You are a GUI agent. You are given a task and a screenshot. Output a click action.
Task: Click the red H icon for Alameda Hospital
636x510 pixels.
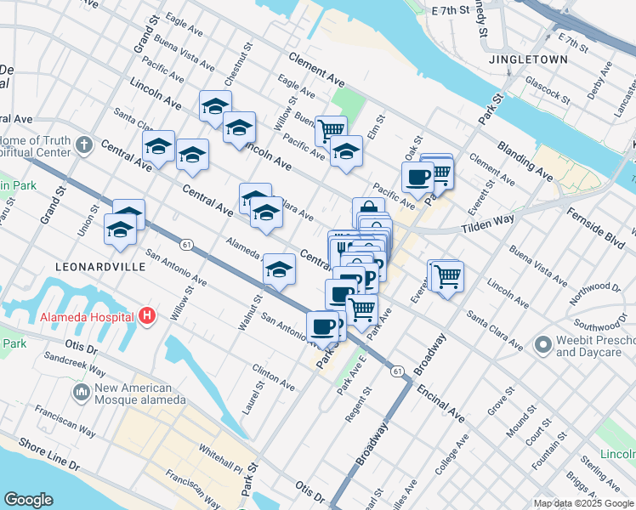[x=147, y=316]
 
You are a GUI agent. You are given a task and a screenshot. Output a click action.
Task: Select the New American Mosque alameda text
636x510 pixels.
[x=139, y=394]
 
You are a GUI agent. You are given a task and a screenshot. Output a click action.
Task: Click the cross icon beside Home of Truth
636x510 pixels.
[x=82, y=145]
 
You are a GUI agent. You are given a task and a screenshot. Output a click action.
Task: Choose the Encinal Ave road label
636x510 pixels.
[x=440, y=404]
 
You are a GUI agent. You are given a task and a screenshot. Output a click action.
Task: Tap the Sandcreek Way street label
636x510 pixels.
[x=76, y=364]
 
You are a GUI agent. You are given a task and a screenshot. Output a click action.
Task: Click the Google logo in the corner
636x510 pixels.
[x=28, y=500]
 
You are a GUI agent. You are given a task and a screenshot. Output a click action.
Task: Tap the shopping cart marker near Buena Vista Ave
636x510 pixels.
[x=331, y=130]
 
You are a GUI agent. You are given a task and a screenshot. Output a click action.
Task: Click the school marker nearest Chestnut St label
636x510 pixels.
[x=215, y=107]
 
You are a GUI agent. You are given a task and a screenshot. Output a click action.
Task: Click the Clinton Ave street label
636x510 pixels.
[x=273, y=378]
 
